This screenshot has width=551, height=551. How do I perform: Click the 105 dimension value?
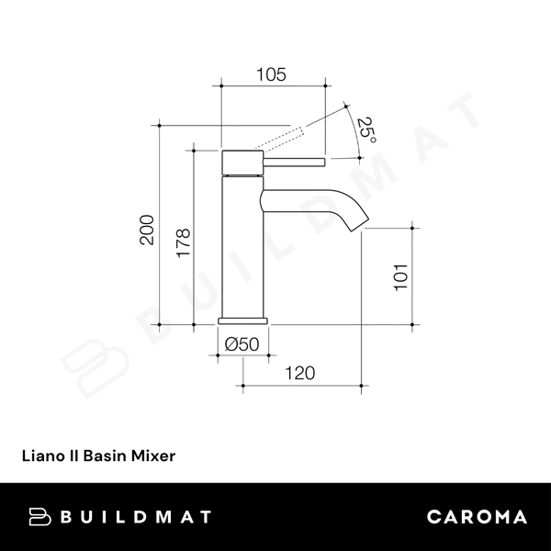[273, 73]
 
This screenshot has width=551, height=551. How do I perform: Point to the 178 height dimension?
[184, 244]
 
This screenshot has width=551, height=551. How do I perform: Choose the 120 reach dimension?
[299, 373]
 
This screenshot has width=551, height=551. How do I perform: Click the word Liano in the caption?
[41, 454]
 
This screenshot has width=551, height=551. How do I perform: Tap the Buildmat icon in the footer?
[39, 516]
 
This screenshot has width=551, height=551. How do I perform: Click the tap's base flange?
[243, 320]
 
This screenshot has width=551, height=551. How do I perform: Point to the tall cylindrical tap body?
[243, 248]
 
